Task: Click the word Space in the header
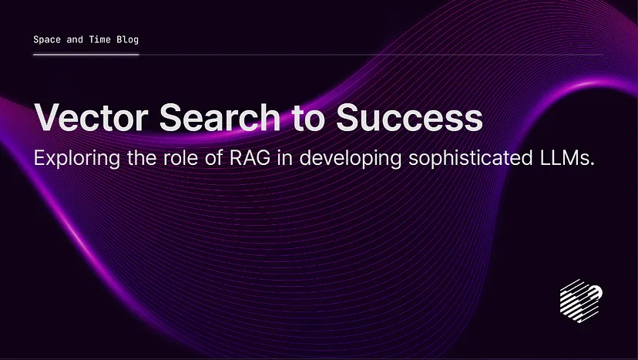point(47,40)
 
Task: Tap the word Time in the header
point(99,39)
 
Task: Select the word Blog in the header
point(128,40)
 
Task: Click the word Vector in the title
point(91,117)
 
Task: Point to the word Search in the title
point(220,117)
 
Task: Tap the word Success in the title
point(409,117)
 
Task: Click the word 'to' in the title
point(308,119)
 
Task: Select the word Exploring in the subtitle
point(77,159)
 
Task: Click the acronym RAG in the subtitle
point(250,157)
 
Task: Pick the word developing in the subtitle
point(351,159)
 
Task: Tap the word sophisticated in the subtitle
point(471,159)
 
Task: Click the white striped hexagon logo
point(581,301)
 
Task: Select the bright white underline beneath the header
point(86,54)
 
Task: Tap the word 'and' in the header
point(75,39)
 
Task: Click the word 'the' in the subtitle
point(142,157)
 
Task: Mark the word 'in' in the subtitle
point(285,157)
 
